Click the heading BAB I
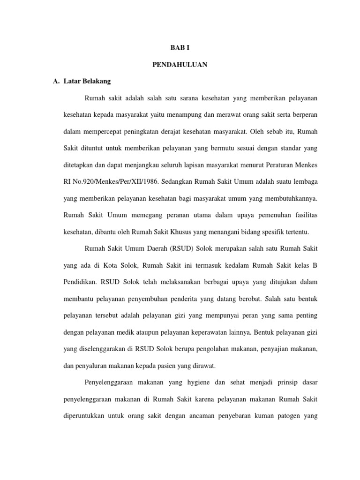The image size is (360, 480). click(180, 48)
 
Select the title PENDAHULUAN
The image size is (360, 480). click(180, 65)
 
